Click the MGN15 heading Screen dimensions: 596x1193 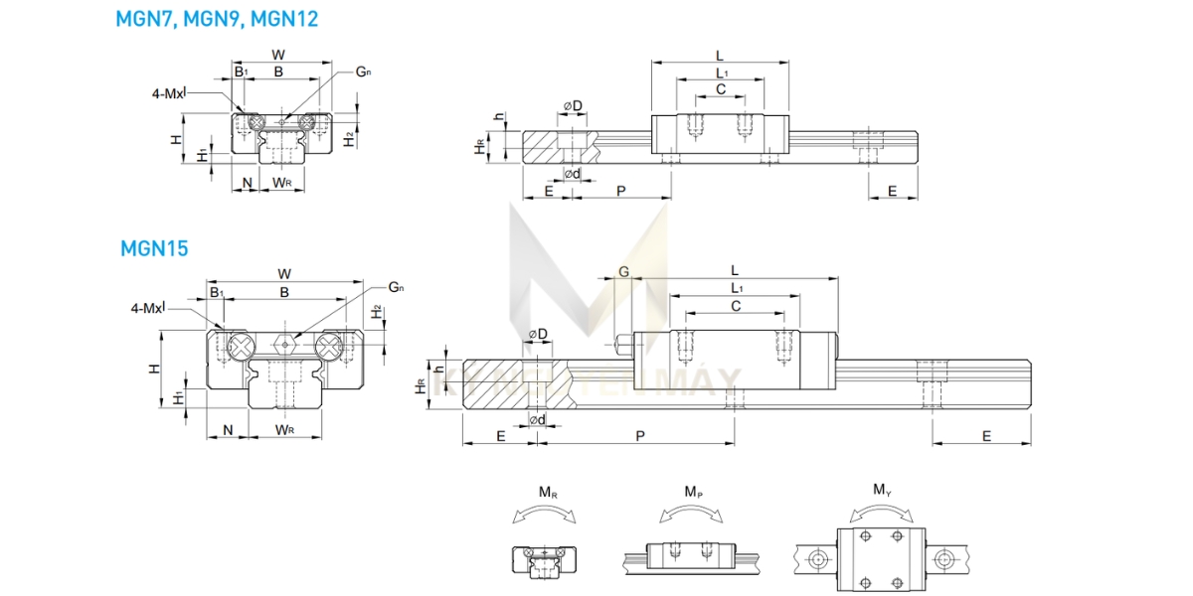pyautogui.click(x=153, y=248)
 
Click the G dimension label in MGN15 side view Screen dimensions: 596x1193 pyautogui.click(x=623, y=271)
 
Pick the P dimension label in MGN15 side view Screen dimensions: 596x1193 pyautogui.click(x=639, y=435)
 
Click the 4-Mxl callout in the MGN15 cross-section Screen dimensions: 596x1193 pyautogui.click(x=147, y=308)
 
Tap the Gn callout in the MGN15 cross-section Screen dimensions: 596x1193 pyautogui.click(x=396, y=287)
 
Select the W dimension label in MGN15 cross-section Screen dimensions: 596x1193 pyautogui.click(x=284, y=273)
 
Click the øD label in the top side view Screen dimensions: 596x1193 pyautogui.click(x=573, y=106)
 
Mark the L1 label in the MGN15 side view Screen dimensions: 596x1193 pyautogui.click(x=736, y=287)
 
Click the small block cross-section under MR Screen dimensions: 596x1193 pyautogui.click(x=542, y=561)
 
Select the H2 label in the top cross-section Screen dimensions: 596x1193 pyautogui.click(x=349, y=139)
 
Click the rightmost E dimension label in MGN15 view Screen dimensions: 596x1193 pyautogui.click(x=986, y=435)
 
